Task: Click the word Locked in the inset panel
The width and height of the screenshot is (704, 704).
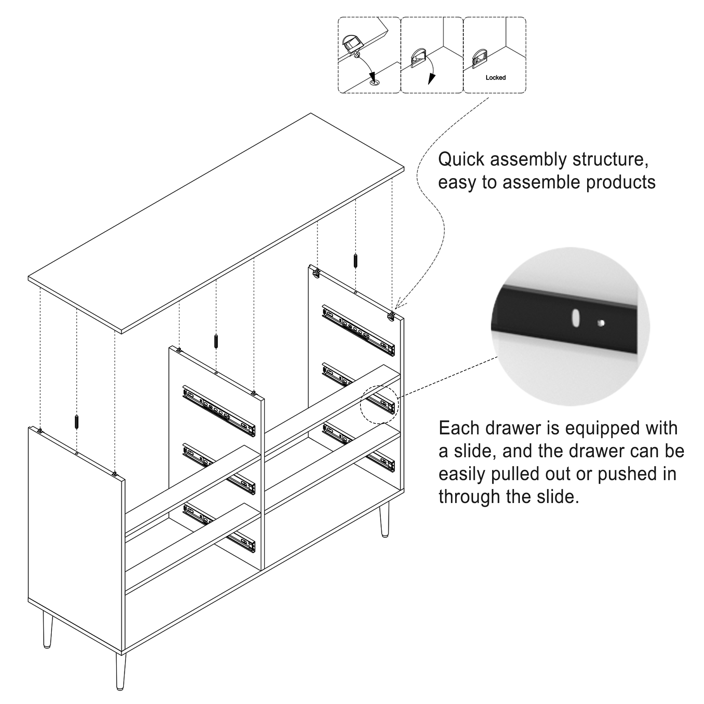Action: [x=495, y=77]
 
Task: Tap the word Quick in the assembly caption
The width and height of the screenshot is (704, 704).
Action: [x=461, y=159]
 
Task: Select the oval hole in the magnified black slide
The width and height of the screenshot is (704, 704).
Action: [x=576, y=318]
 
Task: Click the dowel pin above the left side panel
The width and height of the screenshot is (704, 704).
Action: [x=76, y=422]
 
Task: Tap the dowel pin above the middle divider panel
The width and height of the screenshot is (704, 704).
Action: [x=216, y=341]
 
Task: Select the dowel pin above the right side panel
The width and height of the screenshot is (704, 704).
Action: [x=355, y=260]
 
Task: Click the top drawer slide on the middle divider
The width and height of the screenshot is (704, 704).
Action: [x=219, y=410]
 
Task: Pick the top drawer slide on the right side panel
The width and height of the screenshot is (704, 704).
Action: [x=358, y=331]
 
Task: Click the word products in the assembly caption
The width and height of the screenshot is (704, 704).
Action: [x=621, y=182]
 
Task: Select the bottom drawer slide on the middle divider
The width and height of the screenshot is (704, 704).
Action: [x=219, y=528]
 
